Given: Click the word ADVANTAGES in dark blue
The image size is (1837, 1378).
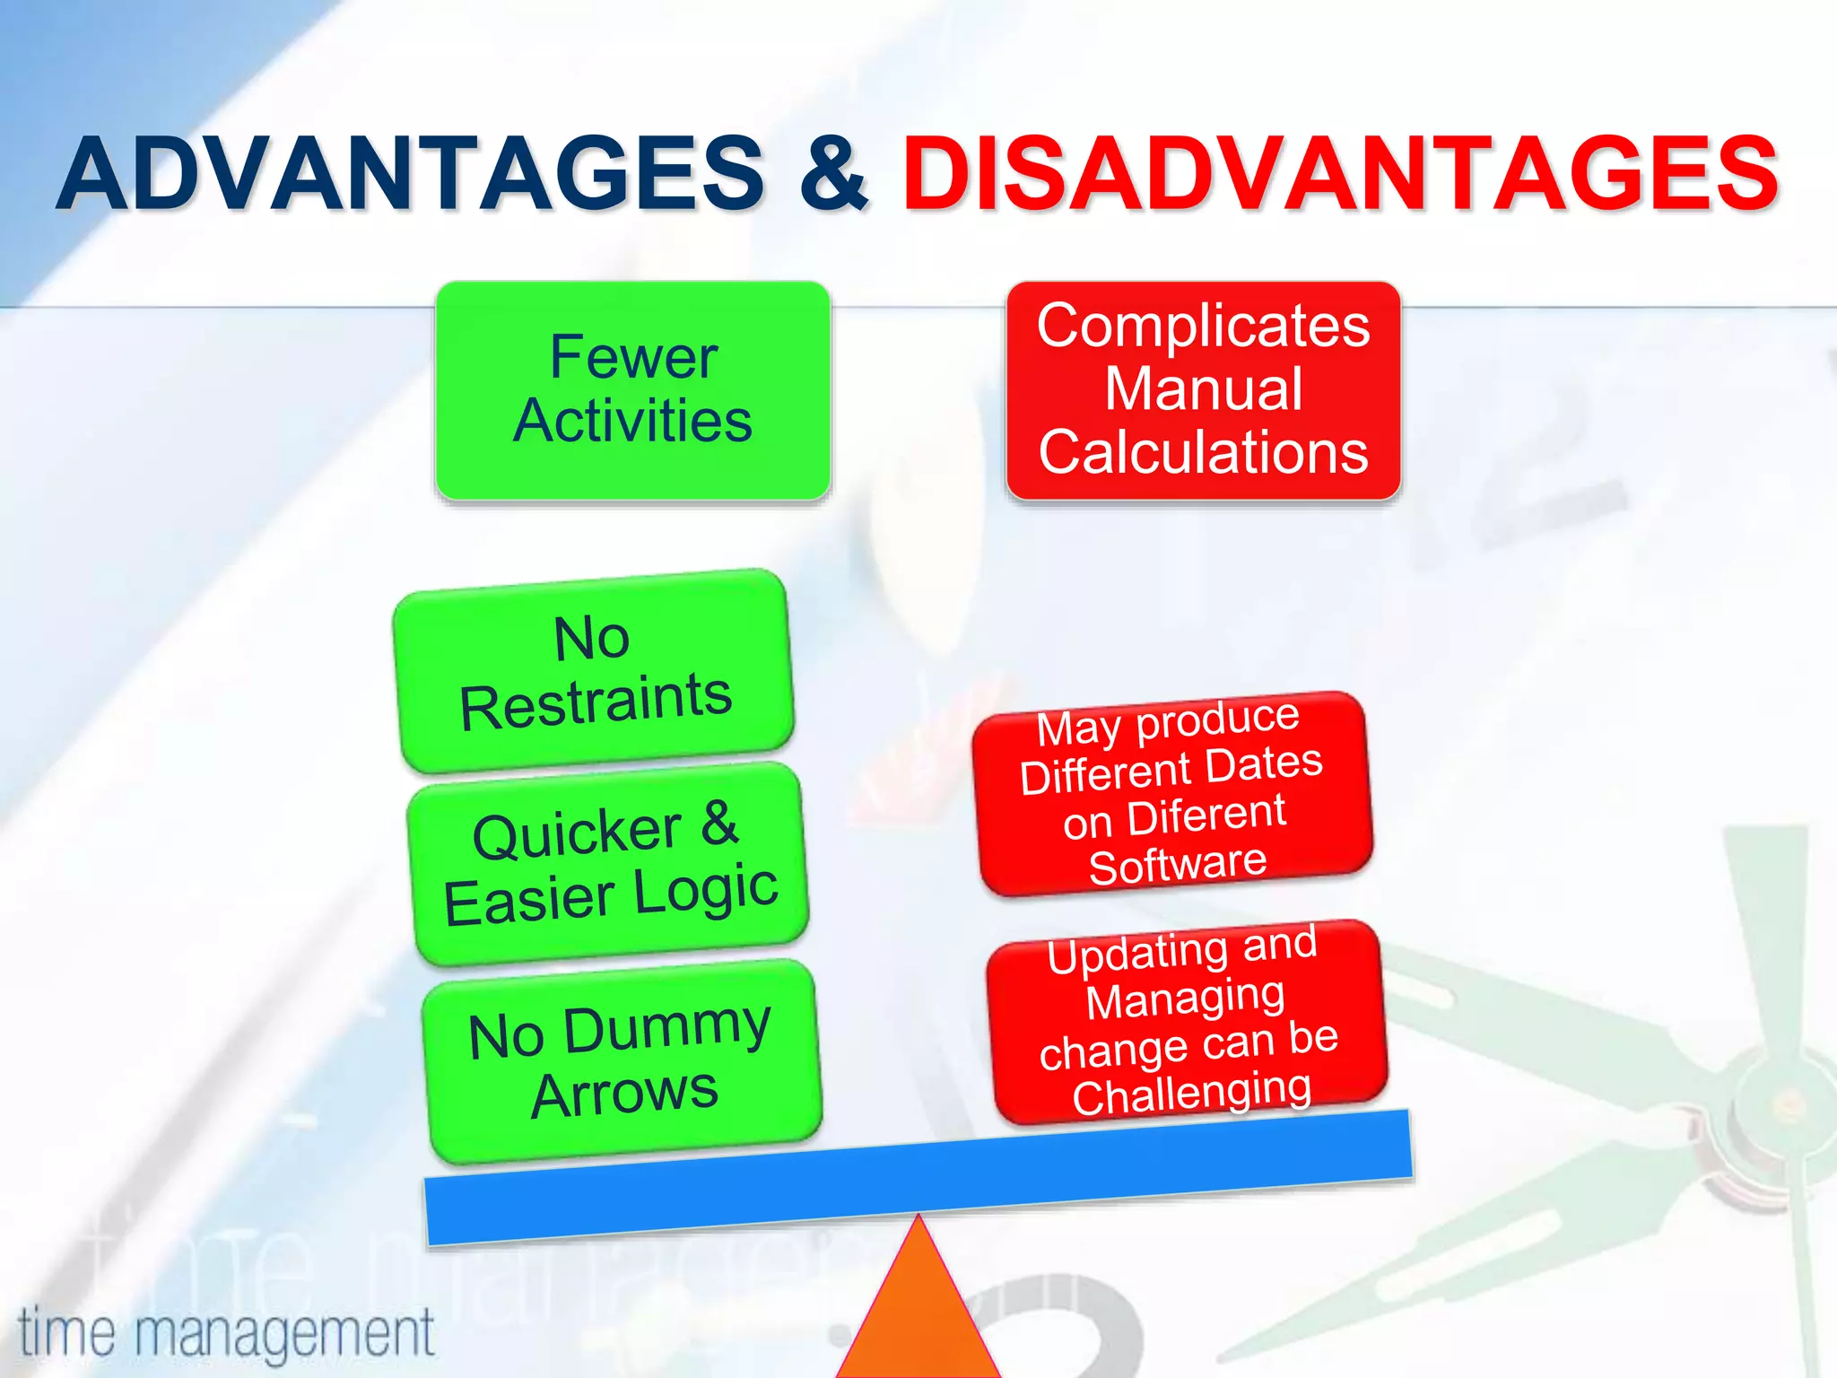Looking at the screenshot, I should point(409,172).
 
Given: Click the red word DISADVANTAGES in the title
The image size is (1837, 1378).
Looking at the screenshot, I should point(1340,172).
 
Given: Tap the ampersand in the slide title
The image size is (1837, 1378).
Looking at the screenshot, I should point(833,172).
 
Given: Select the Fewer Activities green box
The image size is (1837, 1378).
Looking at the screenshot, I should point(632,389).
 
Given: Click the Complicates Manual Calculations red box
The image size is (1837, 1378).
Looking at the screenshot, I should point(1203,389).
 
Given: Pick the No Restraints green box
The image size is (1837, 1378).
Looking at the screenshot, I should point(593,670).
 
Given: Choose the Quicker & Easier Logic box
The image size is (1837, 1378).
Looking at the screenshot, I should point(608,863).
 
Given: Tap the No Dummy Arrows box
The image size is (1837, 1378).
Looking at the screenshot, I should point(622,1060).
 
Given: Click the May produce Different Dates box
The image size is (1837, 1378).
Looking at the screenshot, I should point(1173,793).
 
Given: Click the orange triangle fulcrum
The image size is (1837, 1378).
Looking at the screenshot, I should point(918,1310).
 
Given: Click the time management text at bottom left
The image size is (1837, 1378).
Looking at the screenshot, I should point(226,1333).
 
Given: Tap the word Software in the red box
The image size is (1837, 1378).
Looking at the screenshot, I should point(1177,865).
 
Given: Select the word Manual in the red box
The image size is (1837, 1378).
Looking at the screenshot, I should point(1203,389).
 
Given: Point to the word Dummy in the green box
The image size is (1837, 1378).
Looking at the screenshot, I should point(667,1028).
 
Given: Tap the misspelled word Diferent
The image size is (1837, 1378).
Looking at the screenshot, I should point(1206,816).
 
